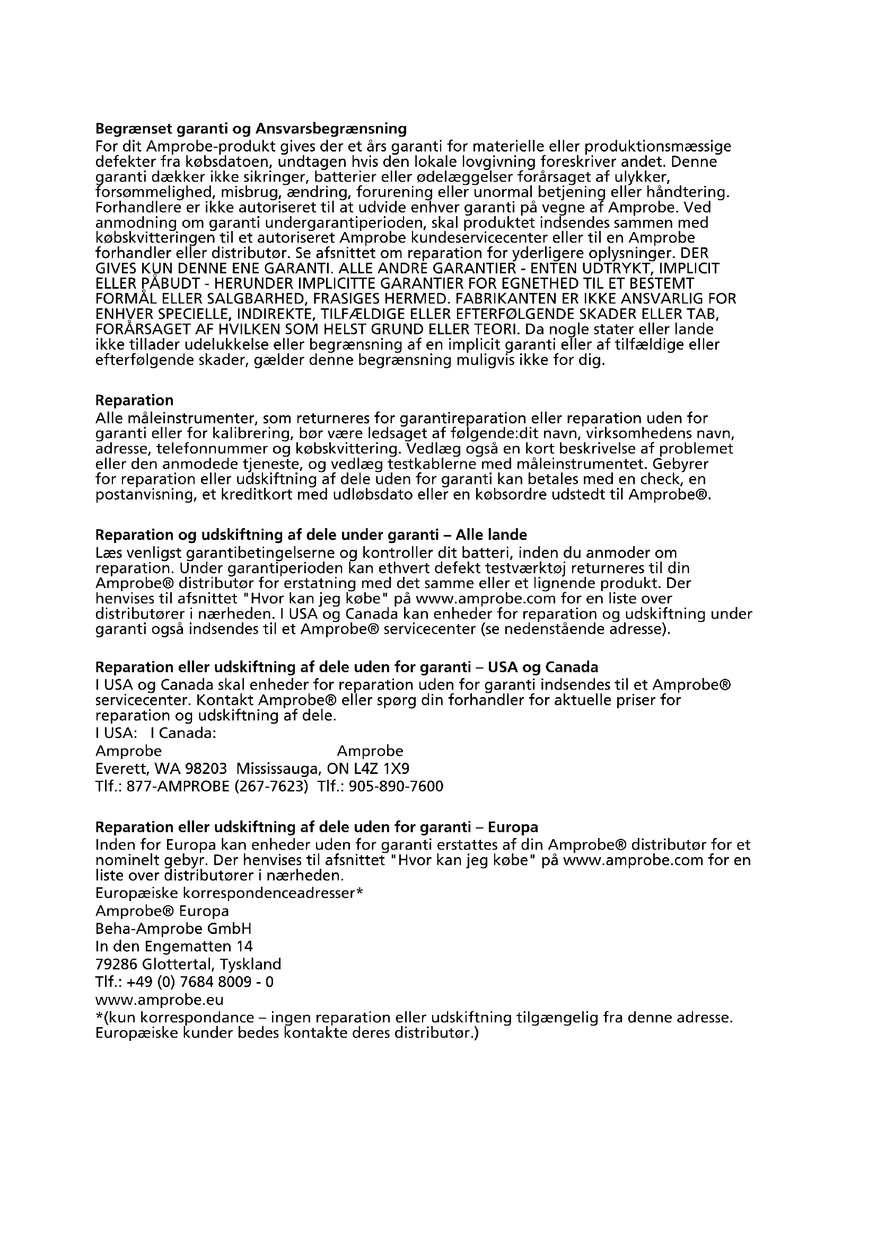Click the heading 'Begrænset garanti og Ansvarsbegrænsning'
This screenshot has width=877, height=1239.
click(x=251, y=129)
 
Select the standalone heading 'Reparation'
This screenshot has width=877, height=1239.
click(x=135, y=400)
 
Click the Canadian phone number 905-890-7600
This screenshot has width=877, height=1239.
click(x=396, y=786)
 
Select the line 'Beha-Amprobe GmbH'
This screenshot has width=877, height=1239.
click(x=173, y=929)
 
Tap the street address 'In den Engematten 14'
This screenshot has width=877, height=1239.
click(x=174, y=946)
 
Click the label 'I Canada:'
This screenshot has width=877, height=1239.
click(x=183, y=733)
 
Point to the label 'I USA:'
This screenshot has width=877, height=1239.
click(x=116, y=733)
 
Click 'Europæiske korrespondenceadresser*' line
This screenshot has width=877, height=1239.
click(x=229, y=893)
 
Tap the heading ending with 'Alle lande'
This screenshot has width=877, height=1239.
click(x=311, y=535)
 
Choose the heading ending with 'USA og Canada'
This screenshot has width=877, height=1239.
click(x=347, y=667)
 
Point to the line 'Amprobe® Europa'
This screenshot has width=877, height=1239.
click(x=162, y=911)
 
